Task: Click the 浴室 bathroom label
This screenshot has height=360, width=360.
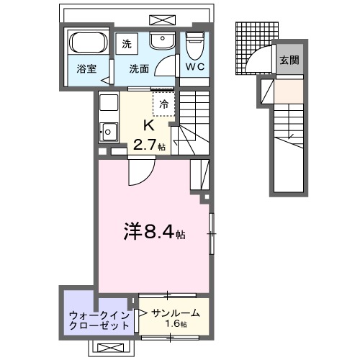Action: pyautogui.click(x=86, y=69)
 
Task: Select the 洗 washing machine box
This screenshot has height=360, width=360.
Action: pyautogui.click(x=127, y=43)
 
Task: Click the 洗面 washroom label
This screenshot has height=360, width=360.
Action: pyautogui.click(x=140, y=69)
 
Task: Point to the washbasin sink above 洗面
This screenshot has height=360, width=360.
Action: pyautogui.click(x=163, y=42)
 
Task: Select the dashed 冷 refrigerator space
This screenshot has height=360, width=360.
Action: pyautogui.click(x=163, y=104)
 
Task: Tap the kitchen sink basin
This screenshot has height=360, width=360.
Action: pyautogui.click(x=109, y=131)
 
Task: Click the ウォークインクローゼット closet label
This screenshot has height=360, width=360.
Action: pyautogui.click(x=99, y=320)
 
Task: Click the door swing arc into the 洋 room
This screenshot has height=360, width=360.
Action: pyautogui.click(x=138, y=173)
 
